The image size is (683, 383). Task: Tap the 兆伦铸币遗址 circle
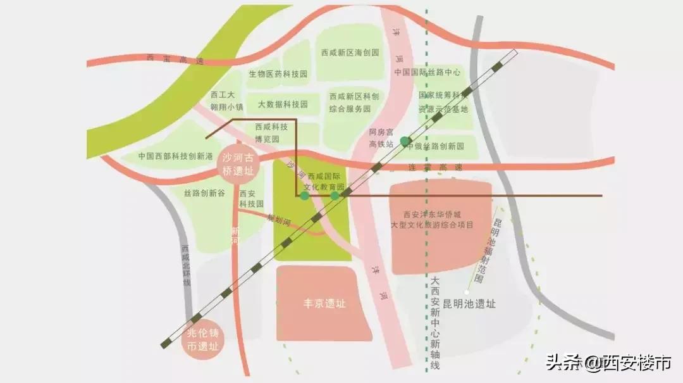pos(203,341)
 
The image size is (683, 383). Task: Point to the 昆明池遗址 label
pos(469,304)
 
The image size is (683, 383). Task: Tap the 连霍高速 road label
pos(434,168)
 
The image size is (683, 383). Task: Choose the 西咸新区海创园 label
pos(350,53)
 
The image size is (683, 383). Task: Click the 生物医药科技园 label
pos(278,74)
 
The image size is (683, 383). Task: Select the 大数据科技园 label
pos(283,104)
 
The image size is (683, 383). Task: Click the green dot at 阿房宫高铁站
pos(405,141)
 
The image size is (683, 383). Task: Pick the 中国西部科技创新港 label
pos(176,156)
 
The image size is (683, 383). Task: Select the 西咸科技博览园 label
pos(271,132)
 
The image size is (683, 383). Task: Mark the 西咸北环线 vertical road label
pos(185,266)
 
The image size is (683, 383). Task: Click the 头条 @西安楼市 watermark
pos(608,363)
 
